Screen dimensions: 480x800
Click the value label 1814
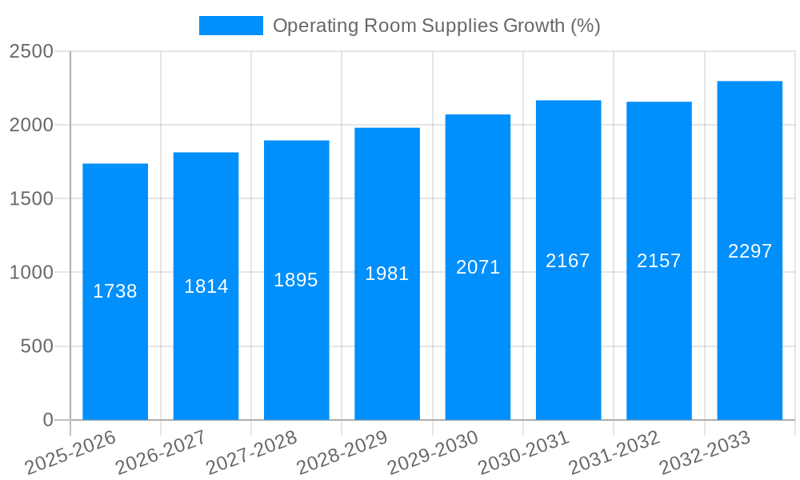tap(206, 286)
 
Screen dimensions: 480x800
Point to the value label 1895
tap(296, 280)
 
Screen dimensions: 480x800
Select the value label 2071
tap(478, 268)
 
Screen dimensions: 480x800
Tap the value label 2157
tap(659, 261)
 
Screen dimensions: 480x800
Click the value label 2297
tap(750, 251)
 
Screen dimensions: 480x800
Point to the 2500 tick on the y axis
tap(31, 52)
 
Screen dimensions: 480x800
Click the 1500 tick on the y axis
tap(31, 199)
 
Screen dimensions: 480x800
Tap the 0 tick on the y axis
tap(47, 421)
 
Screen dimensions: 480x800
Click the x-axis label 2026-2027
tap(161, 453)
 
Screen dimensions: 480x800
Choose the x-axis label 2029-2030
tap(433, 453)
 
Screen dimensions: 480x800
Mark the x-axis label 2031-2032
tap(614, 453)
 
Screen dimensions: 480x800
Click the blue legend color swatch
tap(230, 26)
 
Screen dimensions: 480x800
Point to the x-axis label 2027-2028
tap(252, 453)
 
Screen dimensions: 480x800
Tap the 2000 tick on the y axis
tap(31, 126)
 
